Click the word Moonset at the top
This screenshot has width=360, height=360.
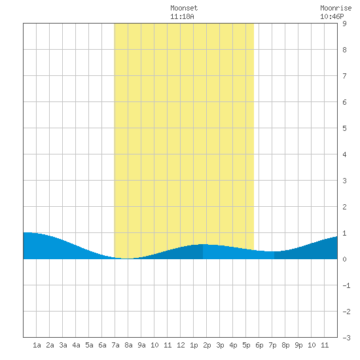click(x=184, y=9)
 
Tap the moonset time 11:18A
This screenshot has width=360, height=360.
click(x=182, y=17)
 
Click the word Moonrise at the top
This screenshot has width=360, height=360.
click(x=336, y=9)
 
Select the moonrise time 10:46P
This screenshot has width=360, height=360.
click(x=332, y=17)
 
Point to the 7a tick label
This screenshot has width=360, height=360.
click(x=115, y=345)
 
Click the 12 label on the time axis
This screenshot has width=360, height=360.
click(x=181, y=345)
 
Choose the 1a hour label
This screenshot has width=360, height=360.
click(x=37, y=345)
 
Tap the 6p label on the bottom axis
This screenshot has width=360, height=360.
click(x=259, y=345)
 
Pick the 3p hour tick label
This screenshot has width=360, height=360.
click(x=220, y=345)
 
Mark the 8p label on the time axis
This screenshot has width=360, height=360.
click(x=285, y=345)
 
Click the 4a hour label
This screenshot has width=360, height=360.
click(x=76, y=345)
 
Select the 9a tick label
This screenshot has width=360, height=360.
click(x=141, y=345)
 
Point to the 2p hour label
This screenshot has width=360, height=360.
click(x=207, y=345)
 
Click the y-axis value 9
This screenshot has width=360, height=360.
click(x=344, y=24)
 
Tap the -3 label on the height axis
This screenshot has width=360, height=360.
click(x=346, y=338)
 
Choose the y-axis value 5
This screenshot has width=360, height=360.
click(x=344, y=128)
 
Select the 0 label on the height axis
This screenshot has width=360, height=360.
click(x=344, y=259)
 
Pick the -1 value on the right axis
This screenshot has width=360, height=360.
click(x=346, y=285)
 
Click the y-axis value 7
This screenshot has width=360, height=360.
click(x=344, y=76)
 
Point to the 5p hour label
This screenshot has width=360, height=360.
click(x=246, y=345)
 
